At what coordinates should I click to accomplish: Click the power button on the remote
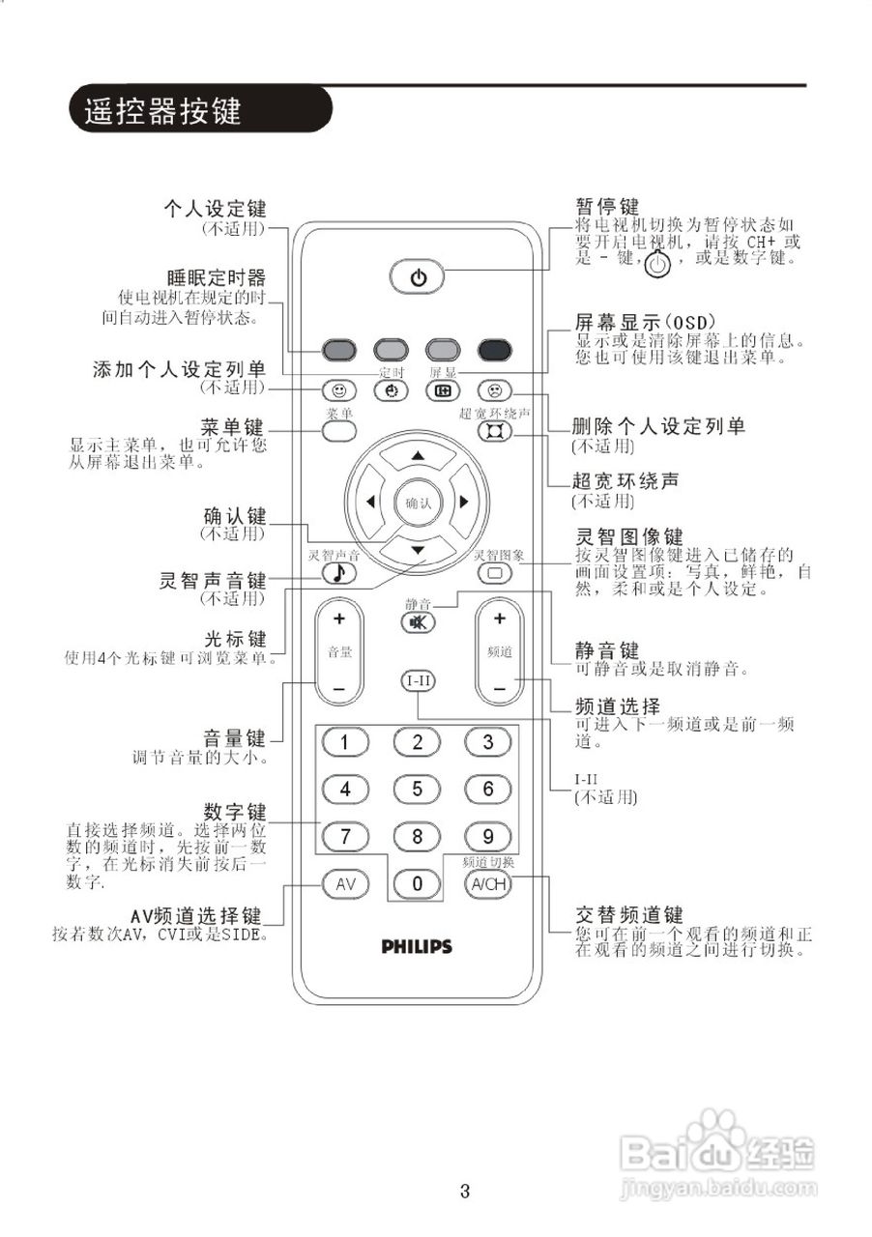418,278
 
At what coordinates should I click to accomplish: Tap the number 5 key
418,789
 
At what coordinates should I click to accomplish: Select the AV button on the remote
346,883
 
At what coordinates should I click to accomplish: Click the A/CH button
488,883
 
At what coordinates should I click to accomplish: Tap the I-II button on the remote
419,681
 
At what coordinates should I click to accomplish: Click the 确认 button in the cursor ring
418,503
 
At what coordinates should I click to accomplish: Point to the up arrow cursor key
418,455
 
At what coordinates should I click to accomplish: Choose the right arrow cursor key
463,502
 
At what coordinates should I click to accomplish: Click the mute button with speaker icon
418,622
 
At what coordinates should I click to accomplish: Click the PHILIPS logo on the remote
417,947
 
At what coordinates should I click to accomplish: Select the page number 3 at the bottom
465,1192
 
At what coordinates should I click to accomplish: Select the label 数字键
235,810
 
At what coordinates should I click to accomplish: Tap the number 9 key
488,836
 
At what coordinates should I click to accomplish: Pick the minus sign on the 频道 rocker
499,687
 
